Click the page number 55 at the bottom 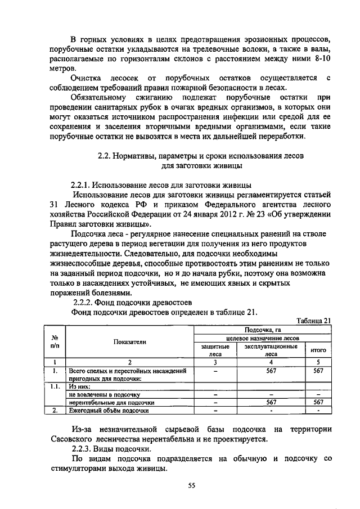[191, 487]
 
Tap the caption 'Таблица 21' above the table [312, 320]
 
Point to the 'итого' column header [318, 350]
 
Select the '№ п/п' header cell [55, 341]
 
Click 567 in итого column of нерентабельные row [318, 402]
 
